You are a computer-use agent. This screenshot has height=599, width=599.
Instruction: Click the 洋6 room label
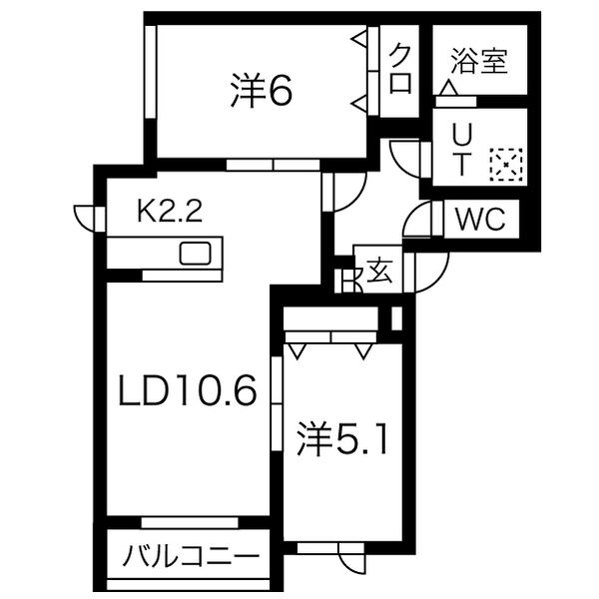pos(261,92)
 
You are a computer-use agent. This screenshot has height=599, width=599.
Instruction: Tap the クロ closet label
pos(401,68)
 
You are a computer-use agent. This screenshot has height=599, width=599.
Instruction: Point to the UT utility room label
pos(461,150)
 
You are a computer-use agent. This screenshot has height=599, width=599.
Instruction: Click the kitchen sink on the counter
pos(195,252)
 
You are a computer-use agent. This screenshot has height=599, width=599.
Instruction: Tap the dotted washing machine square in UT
pos(505,164)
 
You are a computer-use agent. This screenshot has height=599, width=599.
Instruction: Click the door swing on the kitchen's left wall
pos(87,218)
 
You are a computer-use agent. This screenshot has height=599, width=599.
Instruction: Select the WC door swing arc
pos(419,218)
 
